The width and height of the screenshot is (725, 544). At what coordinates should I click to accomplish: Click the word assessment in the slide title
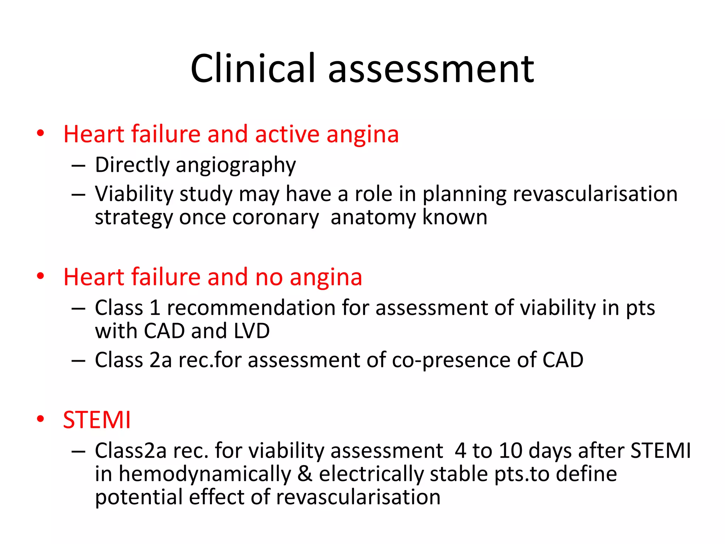431,69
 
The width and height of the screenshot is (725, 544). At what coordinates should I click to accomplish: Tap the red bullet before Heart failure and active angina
40,134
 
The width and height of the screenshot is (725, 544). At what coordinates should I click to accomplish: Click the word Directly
132,165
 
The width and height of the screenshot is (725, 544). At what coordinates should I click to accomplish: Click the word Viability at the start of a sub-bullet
133,194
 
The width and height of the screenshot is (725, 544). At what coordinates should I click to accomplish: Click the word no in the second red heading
269,277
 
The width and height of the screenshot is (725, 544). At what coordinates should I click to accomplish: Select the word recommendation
251,307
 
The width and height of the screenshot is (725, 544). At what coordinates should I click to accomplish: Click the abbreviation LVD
252,331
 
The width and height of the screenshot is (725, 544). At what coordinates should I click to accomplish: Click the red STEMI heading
97,420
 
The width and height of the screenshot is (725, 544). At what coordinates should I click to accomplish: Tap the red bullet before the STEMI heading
40,419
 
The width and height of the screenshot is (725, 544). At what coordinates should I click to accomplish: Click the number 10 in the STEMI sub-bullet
510,451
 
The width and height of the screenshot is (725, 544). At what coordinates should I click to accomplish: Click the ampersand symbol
305,474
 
